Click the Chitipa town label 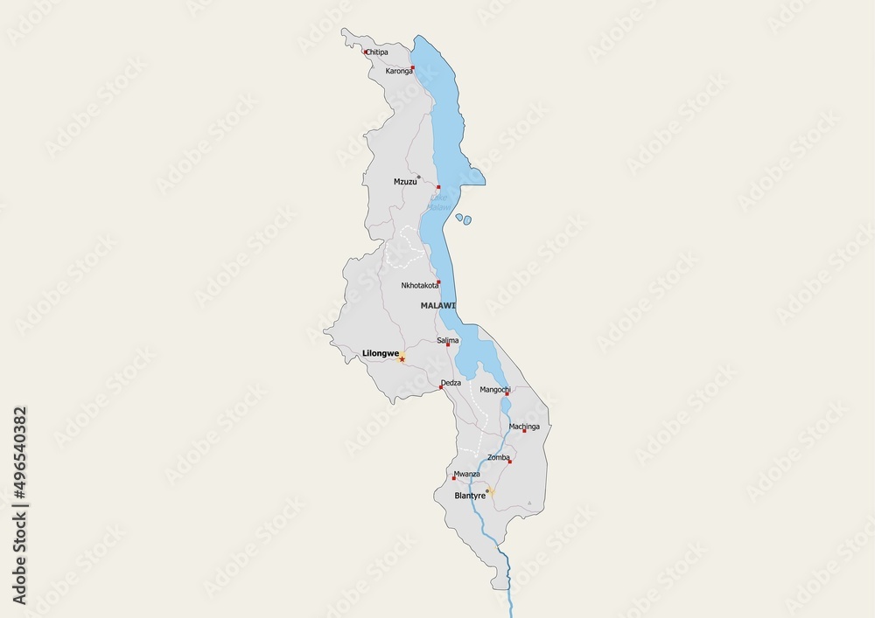377,52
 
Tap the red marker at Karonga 412,67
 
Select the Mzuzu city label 405,182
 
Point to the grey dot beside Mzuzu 418,177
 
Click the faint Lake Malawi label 439,202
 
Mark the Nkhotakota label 420,286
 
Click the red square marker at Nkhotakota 438,281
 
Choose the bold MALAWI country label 437,305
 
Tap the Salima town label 447,340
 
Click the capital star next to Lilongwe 402,358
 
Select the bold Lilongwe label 381,354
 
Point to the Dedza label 451,383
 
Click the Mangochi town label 495,389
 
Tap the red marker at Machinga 524,431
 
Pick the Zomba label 498,457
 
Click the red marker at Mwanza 453,478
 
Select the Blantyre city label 470,496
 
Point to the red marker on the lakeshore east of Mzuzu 438,187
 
